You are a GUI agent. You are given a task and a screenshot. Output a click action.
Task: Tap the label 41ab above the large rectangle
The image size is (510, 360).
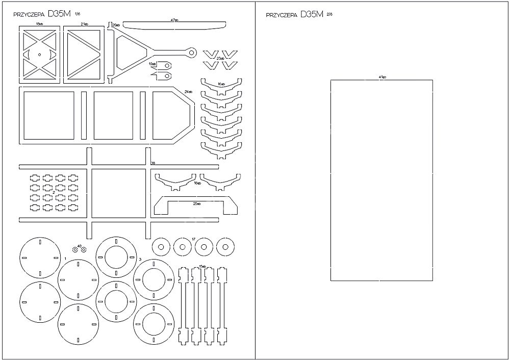[x=382, y=77]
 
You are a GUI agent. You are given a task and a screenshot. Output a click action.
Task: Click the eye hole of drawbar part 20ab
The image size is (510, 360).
[x=191, y=52]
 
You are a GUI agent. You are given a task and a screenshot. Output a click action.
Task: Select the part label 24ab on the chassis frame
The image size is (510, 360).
[x=188, y=91]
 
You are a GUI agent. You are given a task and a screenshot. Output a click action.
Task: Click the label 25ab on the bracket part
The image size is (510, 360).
[x=197, y=203]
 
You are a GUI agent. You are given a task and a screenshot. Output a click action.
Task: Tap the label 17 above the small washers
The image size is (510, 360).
[x=193, y=239]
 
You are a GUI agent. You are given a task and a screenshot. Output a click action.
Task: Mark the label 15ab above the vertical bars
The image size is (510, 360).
[x=202, y=266]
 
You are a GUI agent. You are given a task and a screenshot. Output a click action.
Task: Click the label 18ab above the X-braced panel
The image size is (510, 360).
[x=38, y=24]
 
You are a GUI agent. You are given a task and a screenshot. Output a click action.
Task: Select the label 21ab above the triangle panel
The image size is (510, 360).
[x=84, y=24]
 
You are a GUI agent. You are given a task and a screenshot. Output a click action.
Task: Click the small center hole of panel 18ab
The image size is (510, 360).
[x=39, y=53]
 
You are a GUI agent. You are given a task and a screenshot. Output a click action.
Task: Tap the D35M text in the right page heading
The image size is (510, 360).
[x=312, y=14]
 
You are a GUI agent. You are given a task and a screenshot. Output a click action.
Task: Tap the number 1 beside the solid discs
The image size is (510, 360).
[x=66, y=259]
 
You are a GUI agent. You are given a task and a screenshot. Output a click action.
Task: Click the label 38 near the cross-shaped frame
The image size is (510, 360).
[x=153, y=163]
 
